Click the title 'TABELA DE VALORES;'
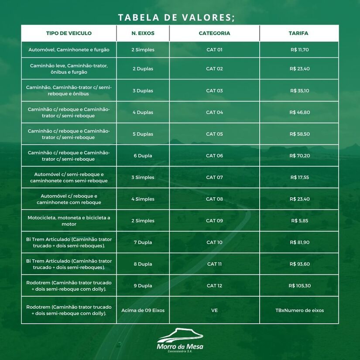point(176,17)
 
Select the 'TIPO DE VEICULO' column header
point(69,33)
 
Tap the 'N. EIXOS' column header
point(143,33)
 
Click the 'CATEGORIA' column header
point(214,33)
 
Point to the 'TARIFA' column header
point(299,33)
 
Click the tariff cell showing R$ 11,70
point(299,50)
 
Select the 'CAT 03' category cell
point(214,91)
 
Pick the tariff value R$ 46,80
point(299,113)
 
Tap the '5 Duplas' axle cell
point(143,134)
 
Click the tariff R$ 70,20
point(299,156)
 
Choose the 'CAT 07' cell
point(214,178)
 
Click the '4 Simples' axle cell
point(143,199)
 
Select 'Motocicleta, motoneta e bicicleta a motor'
point(69,221)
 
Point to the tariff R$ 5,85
point(299,221)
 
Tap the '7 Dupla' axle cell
point(143,243)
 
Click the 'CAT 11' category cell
point(214,264)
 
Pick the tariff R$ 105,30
point(299,286)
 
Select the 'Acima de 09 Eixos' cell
point(143,310)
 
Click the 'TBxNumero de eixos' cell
point(299,310)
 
